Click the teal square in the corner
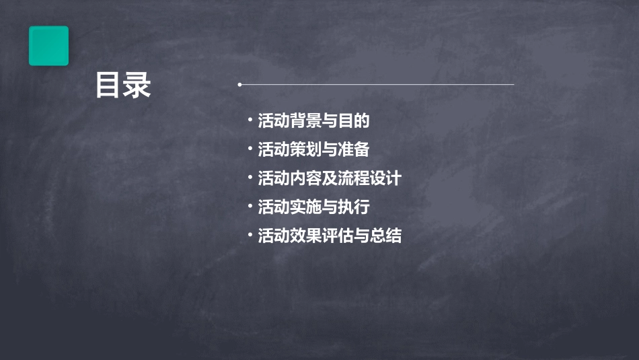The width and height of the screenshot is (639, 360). [x=48, y=46]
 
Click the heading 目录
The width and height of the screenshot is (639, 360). [x=123, y=86]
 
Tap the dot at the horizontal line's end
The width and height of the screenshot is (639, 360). [x=239, y=85]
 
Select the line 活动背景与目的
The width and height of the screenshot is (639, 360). [x=314, y=121]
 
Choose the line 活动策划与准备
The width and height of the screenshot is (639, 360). [x=313, y=149]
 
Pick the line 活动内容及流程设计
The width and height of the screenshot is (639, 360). [x=330, y=178]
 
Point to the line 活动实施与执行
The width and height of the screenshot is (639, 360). [x=313, y=207]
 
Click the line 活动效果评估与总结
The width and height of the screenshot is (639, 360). [x=330, y=236]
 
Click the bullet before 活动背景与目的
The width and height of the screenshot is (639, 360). [x=250, y=120]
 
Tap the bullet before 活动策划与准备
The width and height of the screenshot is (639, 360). [x=250, y=149]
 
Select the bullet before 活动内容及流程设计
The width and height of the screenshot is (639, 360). [x=250, y=178]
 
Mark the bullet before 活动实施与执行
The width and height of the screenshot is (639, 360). [x=250, y=206]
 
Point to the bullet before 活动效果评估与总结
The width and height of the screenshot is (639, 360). [x=250, y=235]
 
